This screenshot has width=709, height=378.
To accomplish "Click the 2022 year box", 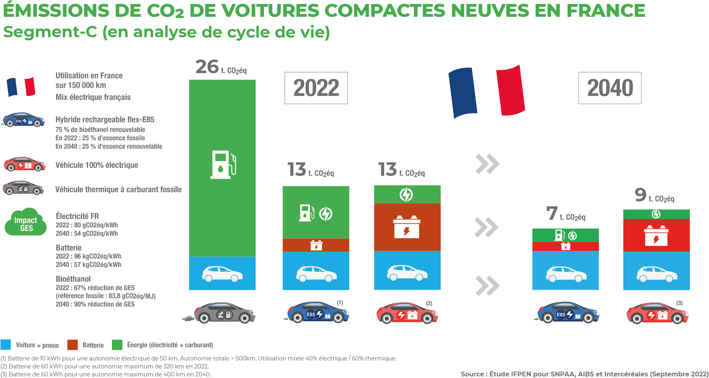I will [x=316, y=88].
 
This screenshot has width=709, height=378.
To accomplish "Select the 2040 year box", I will [x=610, y=88].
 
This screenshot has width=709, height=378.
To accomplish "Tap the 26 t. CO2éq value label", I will [x=221, y=67].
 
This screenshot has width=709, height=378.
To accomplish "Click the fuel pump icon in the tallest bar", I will [x=223, y=164].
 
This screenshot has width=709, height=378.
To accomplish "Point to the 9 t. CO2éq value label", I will [x=654, y=195].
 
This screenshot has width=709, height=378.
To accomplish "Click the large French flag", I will [x=487, y=92].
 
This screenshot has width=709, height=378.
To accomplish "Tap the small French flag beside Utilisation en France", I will [x=21, y=87].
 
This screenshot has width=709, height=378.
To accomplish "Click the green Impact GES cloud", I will [x=26, y=222].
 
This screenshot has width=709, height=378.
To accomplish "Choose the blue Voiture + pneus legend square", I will [x=6, y=344].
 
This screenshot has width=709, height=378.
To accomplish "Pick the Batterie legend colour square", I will [x=72, y=344].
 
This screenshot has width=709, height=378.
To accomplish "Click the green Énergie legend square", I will [x=117, y=344].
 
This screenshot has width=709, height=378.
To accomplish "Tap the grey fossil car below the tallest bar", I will [x=224, y=312].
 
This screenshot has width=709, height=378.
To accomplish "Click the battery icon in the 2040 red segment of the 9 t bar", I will [x=656, y=236].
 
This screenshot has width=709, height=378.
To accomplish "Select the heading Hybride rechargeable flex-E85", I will [x=105, y=119].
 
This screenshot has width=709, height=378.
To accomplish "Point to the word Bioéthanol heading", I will [x=73, y=279].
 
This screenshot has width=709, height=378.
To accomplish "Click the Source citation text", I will [x=584, y=374].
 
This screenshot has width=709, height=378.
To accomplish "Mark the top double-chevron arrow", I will [x=487, y=164].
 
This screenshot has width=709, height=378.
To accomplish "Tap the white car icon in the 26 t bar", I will [x=222, y=274].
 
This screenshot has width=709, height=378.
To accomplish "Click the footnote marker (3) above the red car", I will [x=679, y=303].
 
